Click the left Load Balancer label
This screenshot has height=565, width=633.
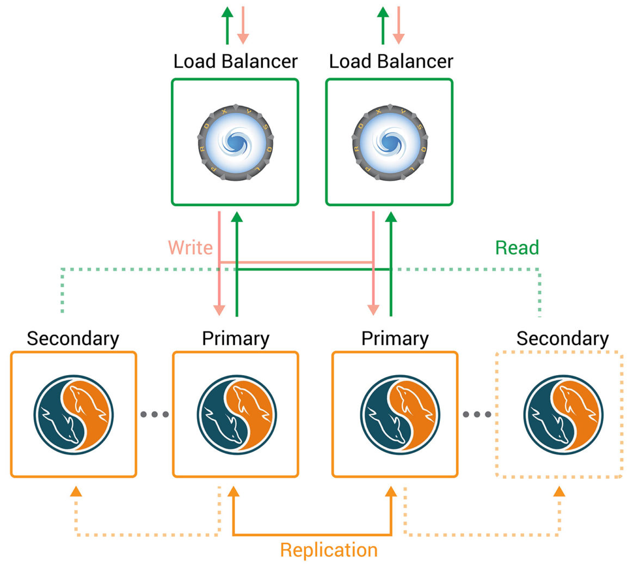coord(235,61)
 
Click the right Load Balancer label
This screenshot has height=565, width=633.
coord(391,61)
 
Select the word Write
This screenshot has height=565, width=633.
coord(190,248)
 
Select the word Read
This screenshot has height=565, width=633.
coord(517,248)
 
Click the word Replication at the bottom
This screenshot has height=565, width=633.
coord(329,550)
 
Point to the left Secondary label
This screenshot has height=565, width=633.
coord(73,338)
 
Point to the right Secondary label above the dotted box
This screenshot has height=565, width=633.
coord(562,338)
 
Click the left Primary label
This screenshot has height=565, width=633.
coord(235,339)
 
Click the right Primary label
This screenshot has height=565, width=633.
coord(395,339)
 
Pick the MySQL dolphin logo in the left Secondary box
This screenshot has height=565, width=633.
coord(73,414)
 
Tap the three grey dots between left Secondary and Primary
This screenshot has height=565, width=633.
coord(155,415)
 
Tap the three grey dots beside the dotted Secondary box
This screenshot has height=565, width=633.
coord(477,415)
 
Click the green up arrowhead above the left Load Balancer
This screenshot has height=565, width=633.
coord(228,13)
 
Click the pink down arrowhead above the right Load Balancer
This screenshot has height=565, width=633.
coord(398,38)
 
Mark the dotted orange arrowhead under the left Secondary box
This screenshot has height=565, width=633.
coord(76,492)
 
